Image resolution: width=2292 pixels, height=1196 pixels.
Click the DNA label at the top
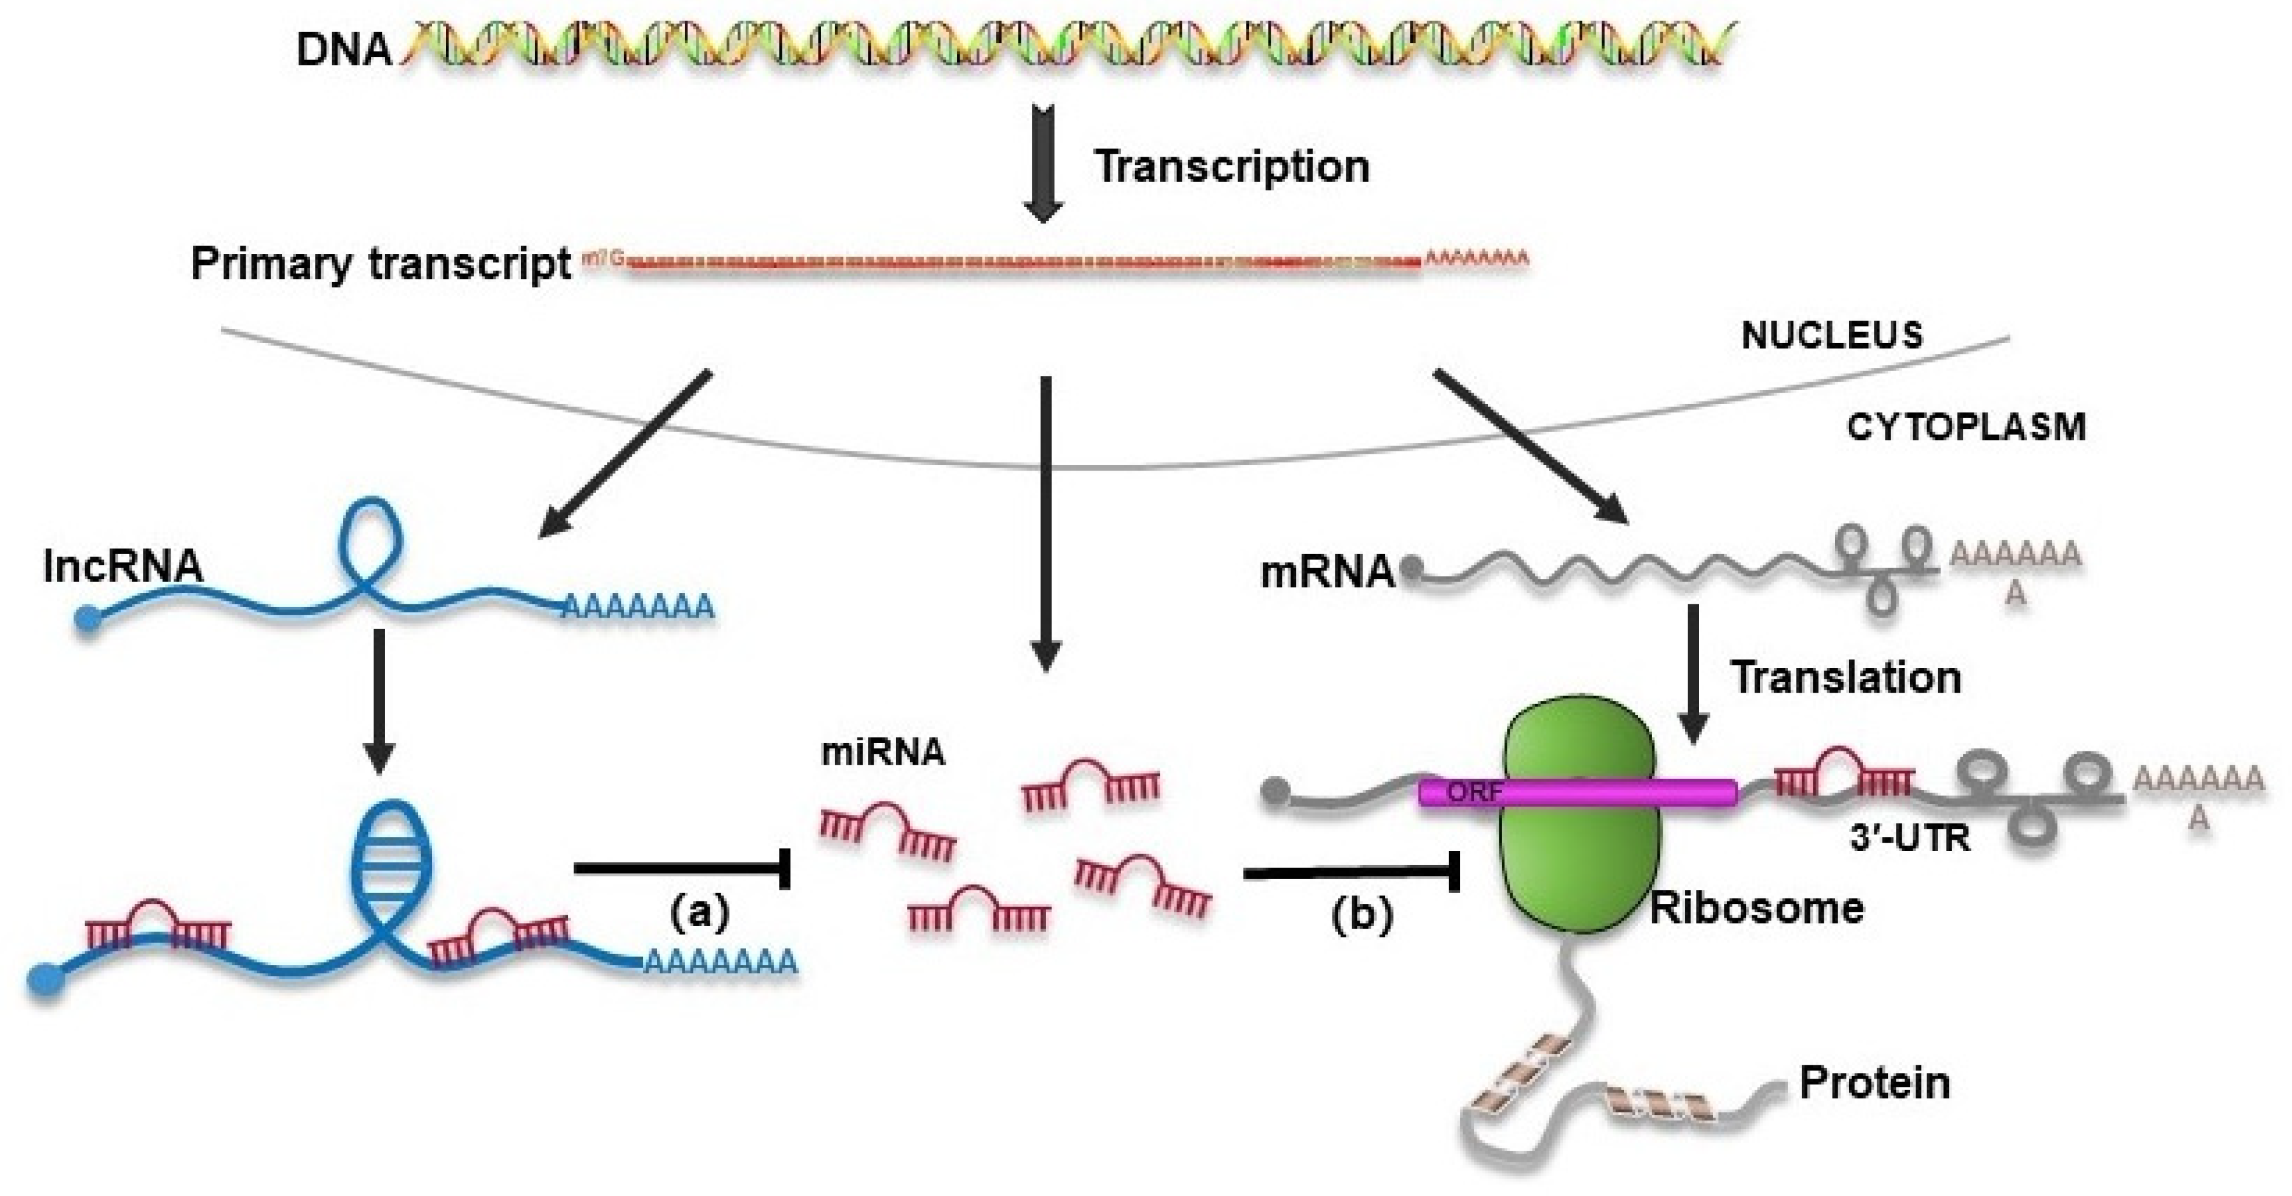344,49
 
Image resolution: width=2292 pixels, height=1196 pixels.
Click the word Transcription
1231,166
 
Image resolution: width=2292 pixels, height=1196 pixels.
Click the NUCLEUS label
1831,336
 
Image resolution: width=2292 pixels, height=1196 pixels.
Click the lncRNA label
123,566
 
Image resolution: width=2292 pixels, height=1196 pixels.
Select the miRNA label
883,753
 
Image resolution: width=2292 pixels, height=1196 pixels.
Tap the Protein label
1875,1083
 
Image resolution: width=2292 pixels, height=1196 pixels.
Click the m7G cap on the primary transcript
603,259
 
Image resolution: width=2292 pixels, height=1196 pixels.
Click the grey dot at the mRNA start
1411,567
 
